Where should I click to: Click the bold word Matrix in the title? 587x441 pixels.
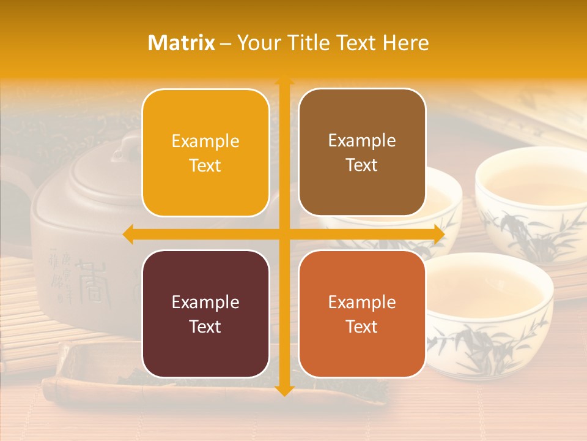tap(182, 43)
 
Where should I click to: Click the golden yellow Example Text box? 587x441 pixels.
tap(205, 153)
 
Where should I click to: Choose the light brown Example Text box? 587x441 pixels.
tap(362, 153)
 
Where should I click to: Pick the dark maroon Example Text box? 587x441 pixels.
tap(205, 314)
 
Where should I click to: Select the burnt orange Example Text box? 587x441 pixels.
tap(362, 314)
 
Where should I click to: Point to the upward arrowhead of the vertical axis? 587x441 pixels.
tap(284, 81)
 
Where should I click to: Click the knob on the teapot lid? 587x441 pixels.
tap(130, 146)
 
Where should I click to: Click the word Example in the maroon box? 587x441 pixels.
tap(205, 302)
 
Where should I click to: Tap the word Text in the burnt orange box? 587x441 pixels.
tap(362, 326)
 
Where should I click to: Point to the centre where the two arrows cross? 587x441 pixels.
tap(284, 234)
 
